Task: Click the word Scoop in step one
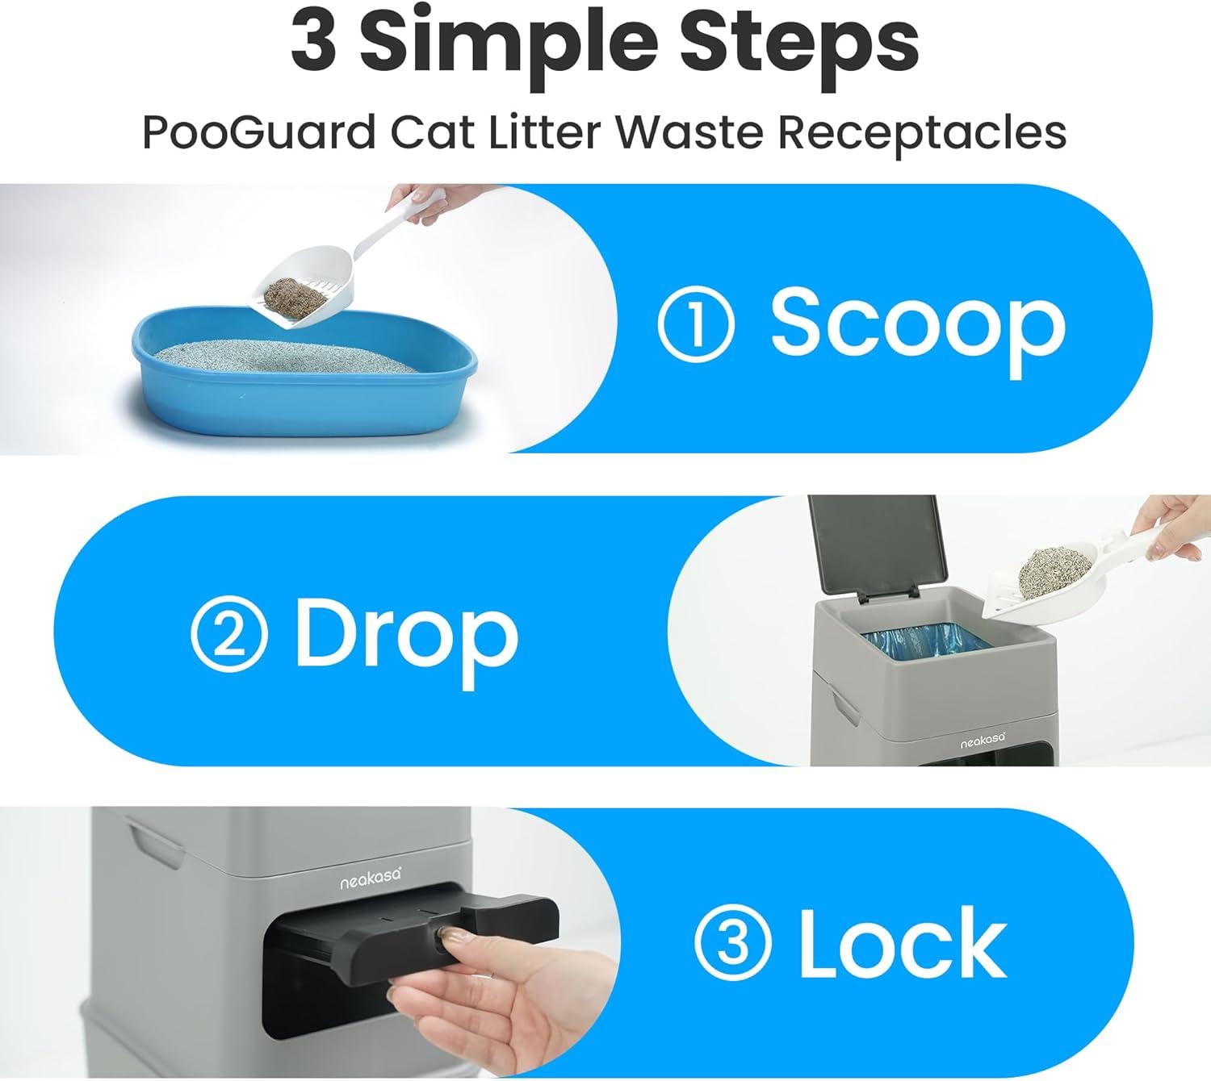(x=917, y=332)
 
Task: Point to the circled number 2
(x=228, y=635)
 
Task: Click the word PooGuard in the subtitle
(x=259, y=131)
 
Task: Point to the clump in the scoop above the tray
(x=295, y=294)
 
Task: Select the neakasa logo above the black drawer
(x=371, y=879)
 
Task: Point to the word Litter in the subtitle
(x=545, y=131)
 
